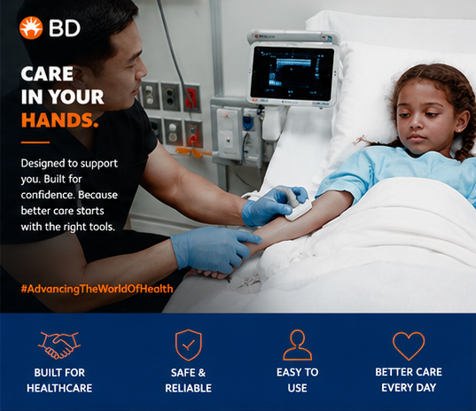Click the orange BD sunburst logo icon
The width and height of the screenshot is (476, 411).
click(31, 28)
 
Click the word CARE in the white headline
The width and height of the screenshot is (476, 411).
click(47, 74)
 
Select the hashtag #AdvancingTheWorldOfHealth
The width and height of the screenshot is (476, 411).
click(97, 289)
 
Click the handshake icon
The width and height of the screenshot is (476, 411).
click(59, 345)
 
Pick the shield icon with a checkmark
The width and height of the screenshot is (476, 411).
click(189, 345)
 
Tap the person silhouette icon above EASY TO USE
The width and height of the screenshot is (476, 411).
click(298, 345)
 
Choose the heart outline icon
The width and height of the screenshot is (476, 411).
click(409, 345)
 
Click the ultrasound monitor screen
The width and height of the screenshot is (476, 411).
click(292, 74)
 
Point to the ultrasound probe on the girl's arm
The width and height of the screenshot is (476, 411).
click(296, 203)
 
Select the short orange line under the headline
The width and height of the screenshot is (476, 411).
click(35, 142)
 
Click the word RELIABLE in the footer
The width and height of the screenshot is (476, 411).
click(188, 388)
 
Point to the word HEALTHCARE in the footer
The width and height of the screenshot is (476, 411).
click(59, 388)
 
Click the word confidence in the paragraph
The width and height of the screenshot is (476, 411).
click(45, 195)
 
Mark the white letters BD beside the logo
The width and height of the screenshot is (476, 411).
click(65, 28)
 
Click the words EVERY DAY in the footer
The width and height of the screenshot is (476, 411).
click(409, 388)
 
